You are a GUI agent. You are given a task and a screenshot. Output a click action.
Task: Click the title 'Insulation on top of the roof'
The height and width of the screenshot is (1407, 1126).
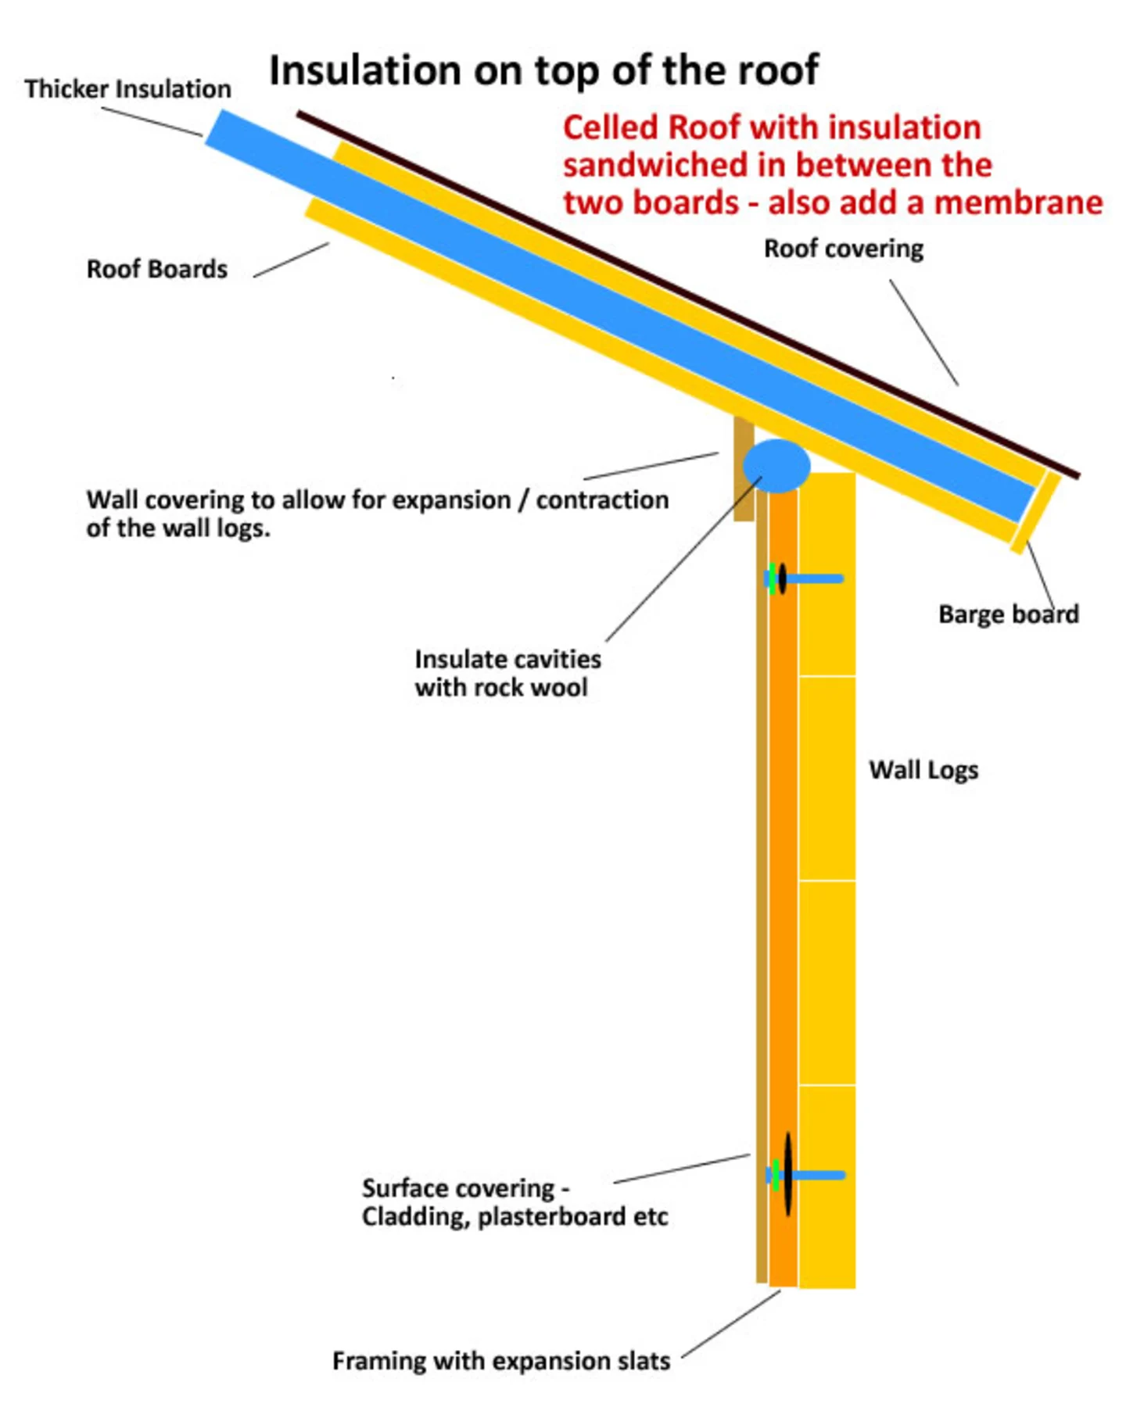pyautogui.click(x=543, y=70)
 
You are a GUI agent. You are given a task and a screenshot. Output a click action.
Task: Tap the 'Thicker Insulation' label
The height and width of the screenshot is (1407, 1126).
pyautogui.click(x=127, y=89)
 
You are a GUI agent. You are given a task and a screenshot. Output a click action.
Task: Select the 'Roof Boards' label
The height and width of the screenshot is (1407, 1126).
pyautogui.click(x=156, y=269)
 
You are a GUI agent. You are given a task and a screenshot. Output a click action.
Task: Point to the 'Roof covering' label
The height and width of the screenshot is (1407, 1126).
pyautogui.click(x=843, y=249)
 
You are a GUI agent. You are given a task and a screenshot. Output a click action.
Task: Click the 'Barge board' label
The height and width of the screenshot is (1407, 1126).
pyautogui.click(x=1008, y=614)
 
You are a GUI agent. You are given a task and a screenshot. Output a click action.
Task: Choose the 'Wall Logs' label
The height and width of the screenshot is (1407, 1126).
pyautogui.click(x=923, y=770)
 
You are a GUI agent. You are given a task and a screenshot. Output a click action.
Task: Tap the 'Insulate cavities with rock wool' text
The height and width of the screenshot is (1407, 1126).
pyautogui.click(x=507, y=673)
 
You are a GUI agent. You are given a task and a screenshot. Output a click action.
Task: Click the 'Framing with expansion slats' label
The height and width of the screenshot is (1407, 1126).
pyautogui.click(x=501, y=1361)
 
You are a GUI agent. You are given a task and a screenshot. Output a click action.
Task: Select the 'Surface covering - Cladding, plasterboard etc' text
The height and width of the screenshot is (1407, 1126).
pyautogui.click(x=514, y=1202)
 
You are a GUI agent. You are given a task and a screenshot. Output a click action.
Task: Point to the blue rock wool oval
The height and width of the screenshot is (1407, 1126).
pyautogui.click(x=776, y=466)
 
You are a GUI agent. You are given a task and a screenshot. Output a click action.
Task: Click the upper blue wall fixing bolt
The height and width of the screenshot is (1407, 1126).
pyautogui.click(x=813, y=579)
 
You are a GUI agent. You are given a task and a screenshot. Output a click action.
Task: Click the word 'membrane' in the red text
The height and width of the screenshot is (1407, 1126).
pyautogui.click(x=1018, y=202)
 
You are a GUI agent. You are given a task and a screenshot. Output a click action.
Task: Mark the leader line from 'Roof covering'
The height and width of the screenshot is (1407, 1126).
pyautogui.click(x=923, y=332)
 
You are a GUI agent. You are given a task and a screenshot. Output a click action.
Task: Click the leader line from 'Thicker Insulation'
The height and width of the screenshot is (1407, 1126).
pyautogui.click(x=152, y=121)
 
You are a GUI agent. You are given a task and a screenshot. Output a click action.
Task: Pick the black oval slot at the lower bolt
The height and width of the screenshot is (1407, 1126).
pyautogui.click(x=788, y=1174)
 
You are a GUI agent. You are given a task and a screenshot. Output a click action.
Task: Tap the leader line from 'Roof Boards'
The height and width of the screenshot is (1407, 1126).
pyautogui.click(x=291, y=260)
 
